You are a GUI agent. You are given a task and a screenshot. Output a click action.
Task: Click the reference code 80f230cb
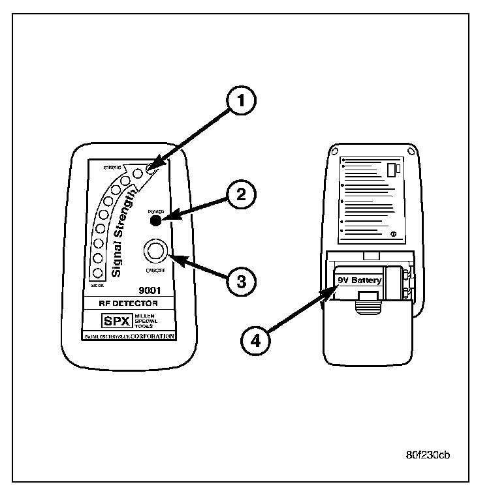pos(427,455)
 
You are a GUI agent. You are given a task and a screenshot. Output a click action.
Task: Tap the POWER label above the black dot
pos(156,211)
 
